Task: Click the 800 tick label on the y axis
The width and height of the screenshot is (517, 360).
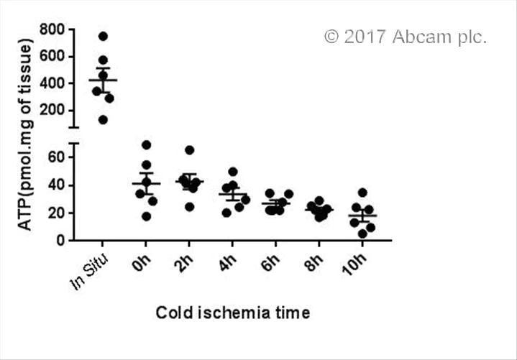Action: pos(52,29)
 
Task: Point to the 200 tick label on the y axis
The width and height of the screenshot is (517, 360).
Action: pos(52,110)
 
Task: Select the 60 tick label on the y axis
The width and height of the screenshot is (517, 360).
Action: pos(56,157)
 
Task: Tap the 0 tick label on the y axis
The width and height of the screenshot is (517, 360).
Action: pos(61,240)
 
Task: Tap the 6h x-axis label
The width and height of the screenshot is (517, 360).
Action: pos(274,259)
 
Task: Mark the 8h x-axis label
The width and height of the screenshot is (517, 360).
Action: pos(318,259)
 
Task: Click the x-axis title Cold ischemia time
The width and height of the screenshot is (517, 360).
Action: pos(233,313)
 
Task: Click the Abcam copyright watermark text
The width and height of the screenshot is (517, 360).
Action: pos(406,37)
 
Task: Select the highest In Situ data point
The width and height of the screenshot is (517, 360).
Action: pos(103,36)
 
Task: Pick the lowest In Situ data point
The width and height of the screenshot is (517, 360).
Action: pos(103,119)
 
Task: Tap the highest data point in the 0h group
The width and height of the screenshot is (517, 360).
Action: pos(147,145)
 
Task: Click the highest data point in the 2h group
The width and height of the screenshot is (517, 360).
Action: pos(190,150)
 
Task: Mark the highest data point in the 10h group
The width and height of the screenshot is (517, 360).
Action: pos(362,193)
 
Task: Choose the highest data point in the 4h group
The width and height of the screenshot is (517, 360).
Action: pos(233,172)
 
